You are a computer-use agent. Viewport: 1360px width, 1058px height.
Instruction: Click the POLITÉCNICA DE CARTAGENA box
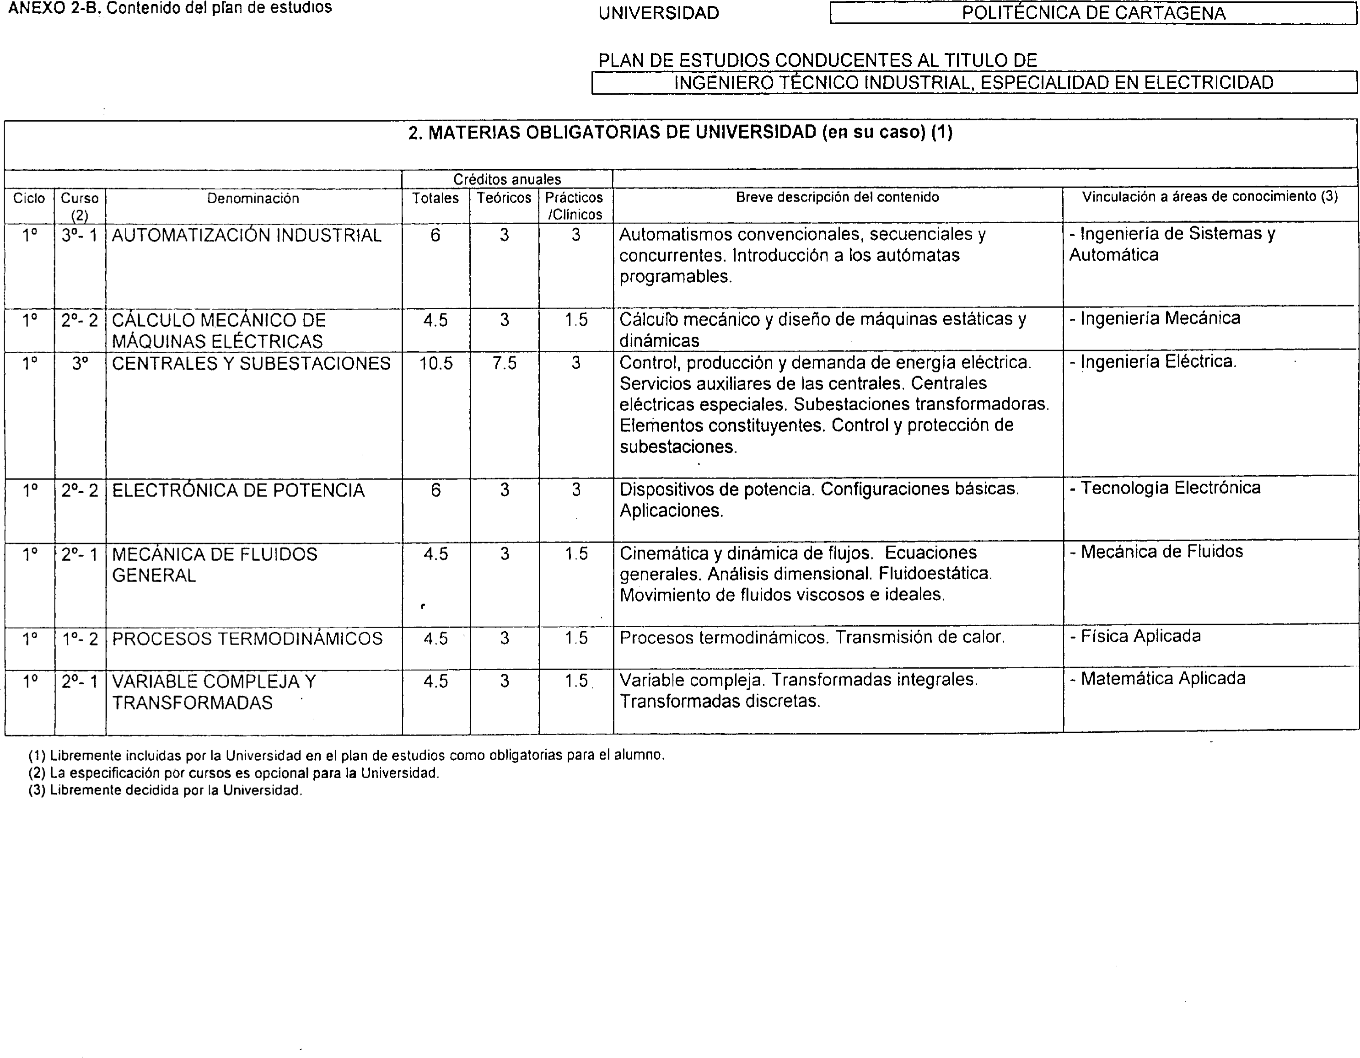click(x=1093, y=13)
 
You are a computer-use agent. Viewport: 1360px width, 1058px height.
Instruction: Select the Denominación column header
click(x=253, y=199)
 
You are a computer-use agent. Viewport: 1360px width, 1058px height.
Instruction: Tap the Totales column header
click(x=435, y=199)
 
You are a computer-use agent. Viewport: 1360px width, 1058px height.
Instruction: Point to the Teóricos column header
click(x=504, y=199)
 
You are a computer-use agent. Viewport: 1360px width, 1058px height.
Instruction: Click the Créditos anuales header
click(x=507, y=179)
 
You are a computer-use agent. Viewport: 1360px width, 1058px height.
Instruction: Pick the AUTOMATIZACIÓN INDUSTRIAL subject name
click(x=247, y=236)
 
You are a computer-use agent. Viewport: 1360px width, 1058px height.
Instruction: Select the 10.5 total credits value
click(x=435, y=364)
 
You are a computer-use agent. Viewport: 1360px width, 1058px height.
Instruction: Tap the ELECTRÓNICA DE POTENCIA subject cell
click(x=238, y=491)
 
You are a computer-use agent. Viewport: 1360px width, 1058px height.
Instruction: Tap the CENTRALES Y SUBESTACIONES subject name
click(x=251, y=364)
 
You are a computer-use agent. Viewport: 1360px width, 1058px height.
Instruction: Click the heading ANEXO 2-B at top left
click(x=169, y=8)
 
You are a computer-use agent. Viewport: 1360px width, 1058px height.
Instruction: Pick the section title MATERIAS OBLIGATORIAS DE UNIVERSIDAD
click(x=680, y=133)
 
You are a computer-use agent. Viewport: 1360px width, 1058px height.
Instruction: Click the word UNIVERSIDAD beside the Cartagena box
click(x=658, y=13)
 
